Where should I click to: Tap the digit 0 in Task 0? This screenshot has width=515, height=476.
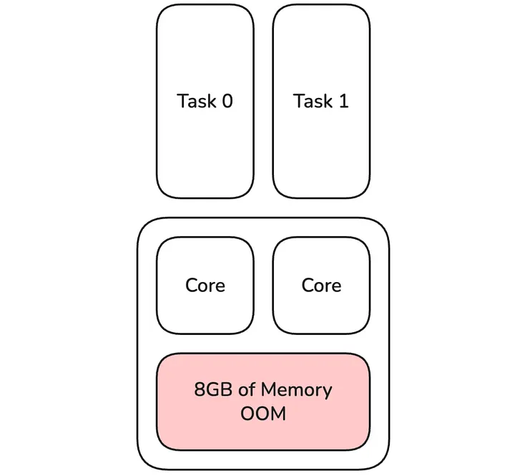[x=226, y=101]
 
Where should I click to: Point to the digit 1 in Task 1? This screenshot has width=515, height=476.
[x=343, y=101]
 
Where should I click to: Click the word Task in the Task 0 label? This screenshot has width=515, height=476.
[x=196, y=101]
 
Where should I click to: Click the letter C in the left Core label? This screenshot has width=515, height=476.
[x=191, y=285]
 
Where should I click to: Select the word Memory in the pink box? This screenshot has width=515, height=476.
[x=296, y=390]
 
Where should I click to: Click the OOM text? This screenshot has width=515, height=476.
[x=263, y=414]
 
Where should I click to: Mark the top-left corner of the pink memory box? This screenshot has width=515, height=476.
[x=160, y=356]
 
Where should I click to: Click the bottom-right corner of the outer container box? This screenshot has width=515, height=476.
[x=386, y=465]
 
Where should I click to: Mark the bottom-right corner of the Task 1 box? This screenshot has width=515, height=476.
[x=367, y=195]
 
